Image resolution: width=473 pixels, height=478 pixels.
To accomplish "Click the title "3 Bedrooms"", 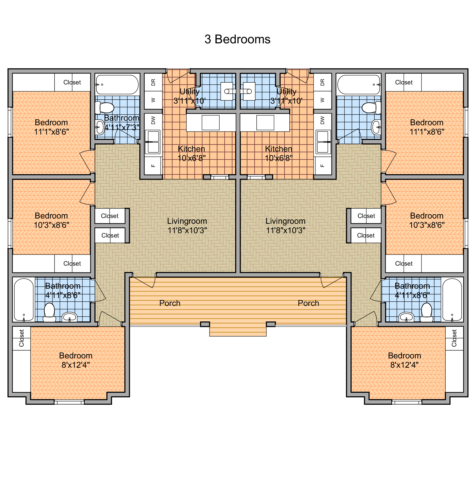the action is tap(237, 39).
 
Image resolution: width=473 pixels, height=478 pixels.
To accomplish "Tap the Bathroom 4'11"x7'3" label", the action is tap(122, 122).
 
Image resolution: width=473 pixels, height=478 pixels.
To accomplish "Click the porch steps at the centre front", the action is tap(238, 331).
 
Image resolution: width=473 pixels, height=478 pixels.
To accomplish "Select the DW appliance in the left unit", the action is tap(153, 120).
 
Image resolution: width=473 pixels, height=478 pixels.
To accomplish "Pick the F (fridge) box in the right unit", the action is tap(322, 166).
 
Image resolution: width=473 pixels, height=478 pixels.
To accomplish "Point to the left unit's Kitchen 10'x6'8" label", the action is tap(191, 153).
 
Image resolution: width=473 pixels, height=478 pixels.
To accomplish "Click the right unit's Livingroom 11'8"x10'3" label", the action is tap(286, 226).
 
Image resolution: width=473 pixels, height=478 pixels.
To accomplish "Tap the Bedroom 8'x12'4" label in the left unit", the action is tap(76, 360).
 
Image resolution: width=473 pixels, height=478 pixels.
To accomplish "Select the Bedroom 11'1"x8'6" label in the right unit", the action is tap(427, 127).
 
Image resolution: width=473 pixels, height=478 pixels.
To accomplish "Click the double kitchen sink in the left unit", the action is tap(153, 142).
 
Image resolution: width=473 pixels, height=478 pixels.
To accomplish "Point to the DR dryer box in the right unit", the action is tap(322, 82).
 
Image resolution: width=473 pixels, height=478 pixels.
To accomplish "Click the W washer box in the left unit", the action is tap(153, 100).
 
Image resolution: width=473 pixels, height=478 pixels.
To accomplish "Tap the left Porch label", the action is tap(170, 303).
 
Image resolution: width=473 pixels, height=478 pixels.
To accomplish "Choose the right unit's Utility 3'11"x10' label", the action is tap(286, 96).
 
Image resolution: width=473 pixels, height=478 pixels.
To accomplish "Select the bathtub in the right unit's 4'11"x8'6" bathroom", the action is tap(452, 300).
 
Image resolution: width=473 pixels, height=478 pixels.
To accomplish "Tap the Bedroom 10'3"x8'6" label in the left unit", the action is tap(51, 220).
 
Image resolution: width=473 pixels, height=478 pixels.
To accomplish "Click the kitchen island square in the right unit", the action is tap(265, 123).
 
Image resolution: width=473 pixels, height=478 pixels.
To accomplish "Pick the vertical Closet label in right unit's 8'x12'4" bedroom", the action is tap(454, 338).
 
